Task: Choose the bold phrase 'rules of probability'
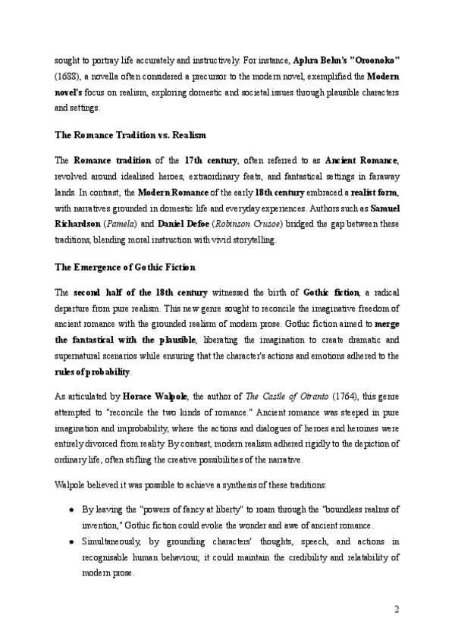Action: pos(93,372)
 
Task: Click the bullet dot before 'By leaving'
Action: pos(71,507)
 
